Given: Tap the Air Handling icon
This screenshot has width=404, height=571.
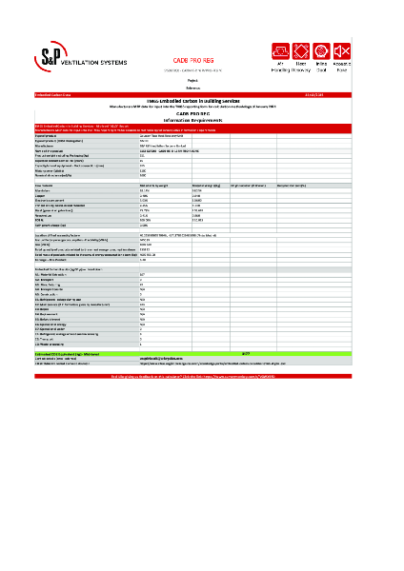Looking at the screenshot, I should pos(281,49).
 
